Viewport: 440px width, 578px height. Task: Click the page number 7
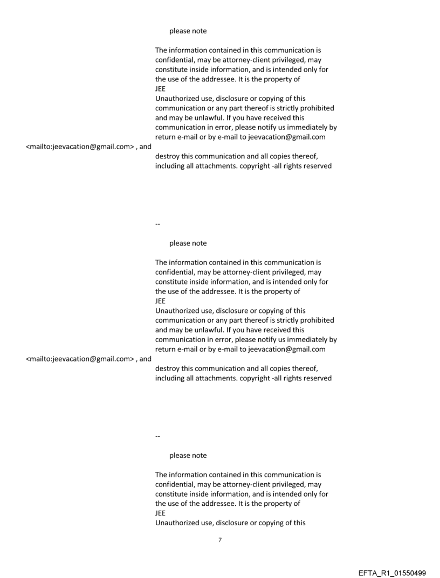219,540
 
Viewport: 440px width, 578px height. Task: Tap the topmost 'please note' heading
188,31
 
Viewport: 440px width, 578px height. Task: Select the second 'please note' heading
188,243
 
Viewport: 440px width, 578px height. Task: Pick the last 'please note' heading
188,456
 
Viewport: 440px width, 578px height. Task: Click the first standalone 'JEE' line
160,89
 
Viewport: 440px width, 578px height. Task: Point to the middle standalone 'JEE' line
160,301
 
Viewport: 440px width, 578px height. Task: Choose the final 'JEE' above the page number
160,513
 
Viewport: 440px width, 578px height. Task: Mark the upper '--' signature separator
157,222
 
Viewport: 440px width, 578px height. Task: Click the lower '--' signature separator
157,435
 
